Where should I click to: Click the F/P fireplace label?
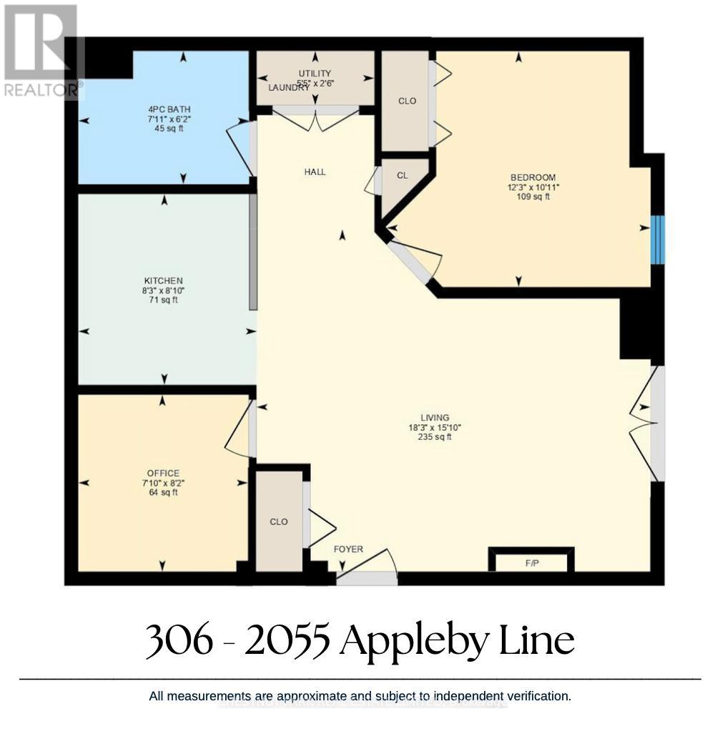coord(531,563)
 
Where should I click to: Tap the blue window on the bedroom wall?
coord(658,240)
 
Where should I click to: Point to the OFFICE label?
coord(163,473)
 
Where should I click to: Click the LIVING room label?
coord(435,418)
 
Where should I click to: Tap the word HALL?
coord(315,172)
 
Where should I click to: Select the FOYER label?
coord(348,549)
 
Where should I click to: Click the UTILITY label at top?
coord(315,73)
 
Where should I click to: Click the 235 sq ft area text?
coord(435,437)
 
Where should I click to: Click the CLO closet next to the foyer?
coord(279,522)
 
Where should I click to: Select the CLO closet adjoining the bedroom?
coord(407,101)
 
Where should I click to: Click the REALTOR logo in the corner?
coord(41,50)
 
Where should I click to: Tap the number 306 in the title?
coord(179,640)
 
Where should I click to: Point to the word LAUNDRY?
coord(289,87)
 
